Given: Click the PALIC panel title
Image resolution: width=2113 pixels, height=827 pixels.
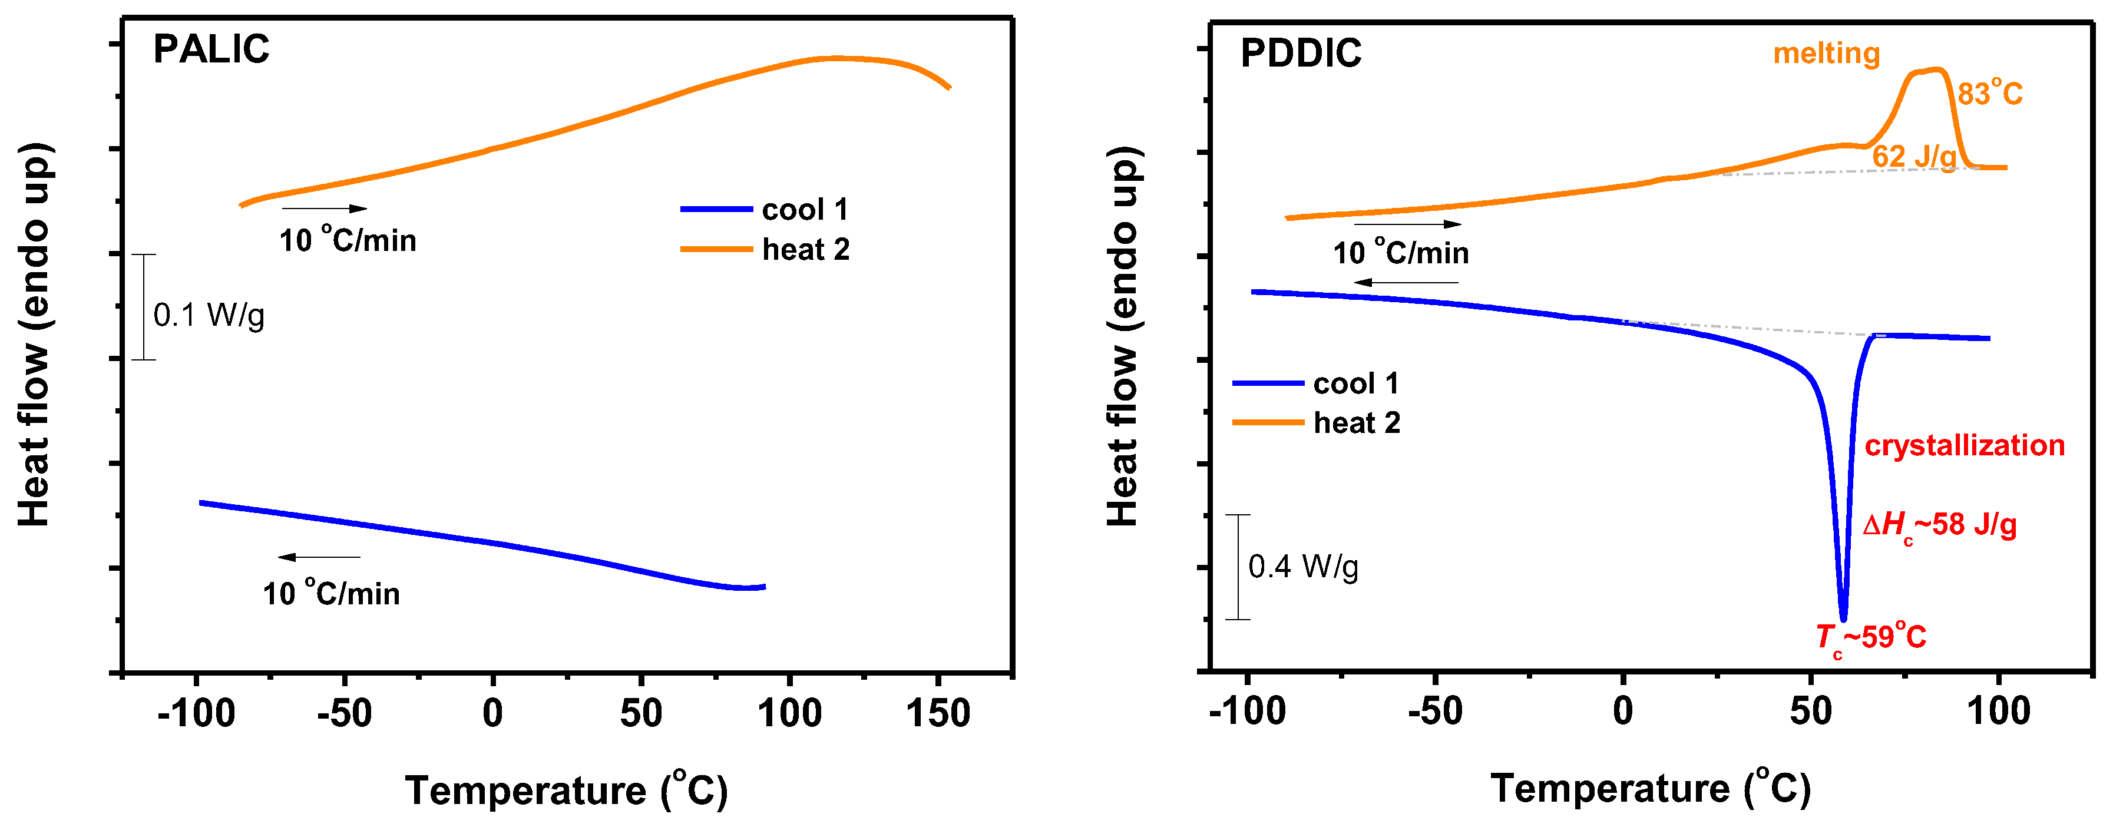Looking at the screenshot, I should coord(211,49).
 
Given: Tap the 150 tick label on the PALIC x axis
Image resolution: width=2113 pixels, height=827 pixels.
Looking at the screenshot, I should coord(938,712).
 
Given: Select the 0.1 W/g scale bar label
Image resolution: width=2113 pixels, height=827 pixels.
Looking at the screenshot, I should coord(209,315).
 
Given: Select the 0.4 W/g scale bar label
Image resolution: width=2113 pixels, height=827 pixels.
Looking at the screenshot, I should coord(1304,567).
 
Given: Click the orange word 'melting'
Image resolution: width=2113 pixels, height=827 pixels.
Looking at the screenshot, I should coord(1826,54).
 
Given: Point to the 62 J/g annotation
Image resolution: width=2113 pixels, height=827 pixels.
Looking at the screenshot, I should coord(1914,156).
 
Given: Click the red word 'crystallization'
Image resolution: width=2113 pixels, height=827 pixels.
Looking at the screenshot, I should coord(1965,445).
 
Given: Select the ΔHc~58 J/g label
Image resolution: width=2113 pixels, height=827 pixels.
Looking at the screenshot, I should coord(1939,525).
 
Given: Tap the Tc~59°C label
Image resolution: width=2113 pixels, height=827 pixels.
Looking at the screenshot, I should coord(1871,637).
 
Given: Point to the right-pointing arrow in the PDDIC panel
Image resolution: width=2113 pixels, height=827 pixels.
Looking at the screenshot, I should coord(1407,224).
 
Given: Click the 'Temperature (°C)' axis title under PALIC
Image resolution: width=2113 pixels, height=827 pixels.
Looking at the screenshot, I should coord(566,789).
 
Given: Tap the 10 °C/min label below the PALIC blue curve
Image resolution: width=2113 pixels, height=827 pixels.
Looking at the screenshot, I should coord(332,593).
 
